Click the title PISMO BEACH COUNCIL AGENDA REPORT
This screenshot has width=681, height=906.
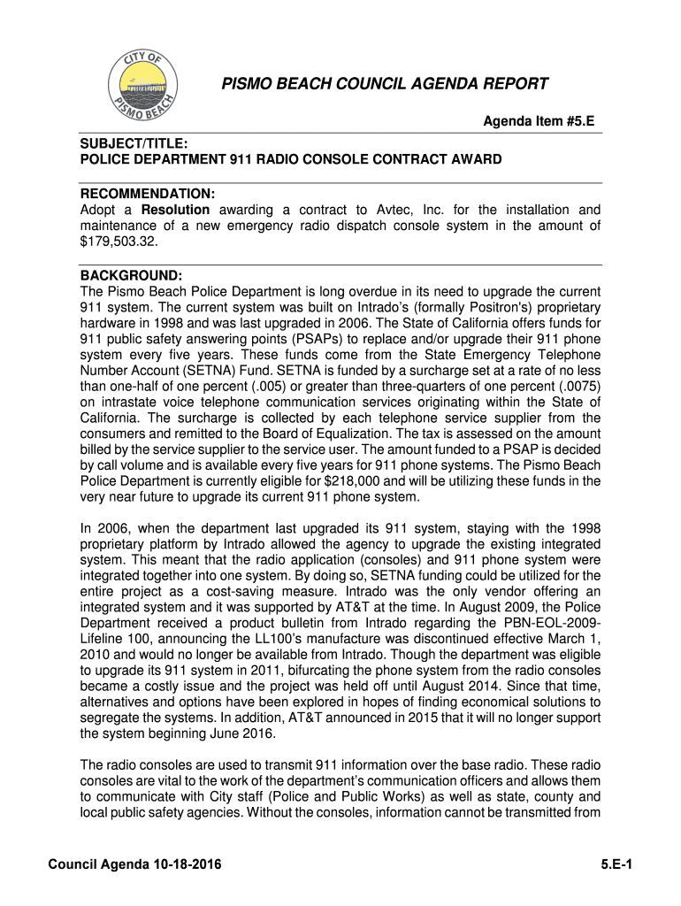point(384,85)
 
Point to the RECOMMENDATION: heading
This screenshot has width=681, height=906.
point(148,195)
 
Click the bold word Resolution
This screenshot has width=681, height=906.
point(176,211)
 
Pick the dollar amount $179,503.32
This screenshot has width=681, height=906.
point(113,243)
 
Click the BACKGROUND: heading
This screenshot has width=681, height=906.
point(131,277)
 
